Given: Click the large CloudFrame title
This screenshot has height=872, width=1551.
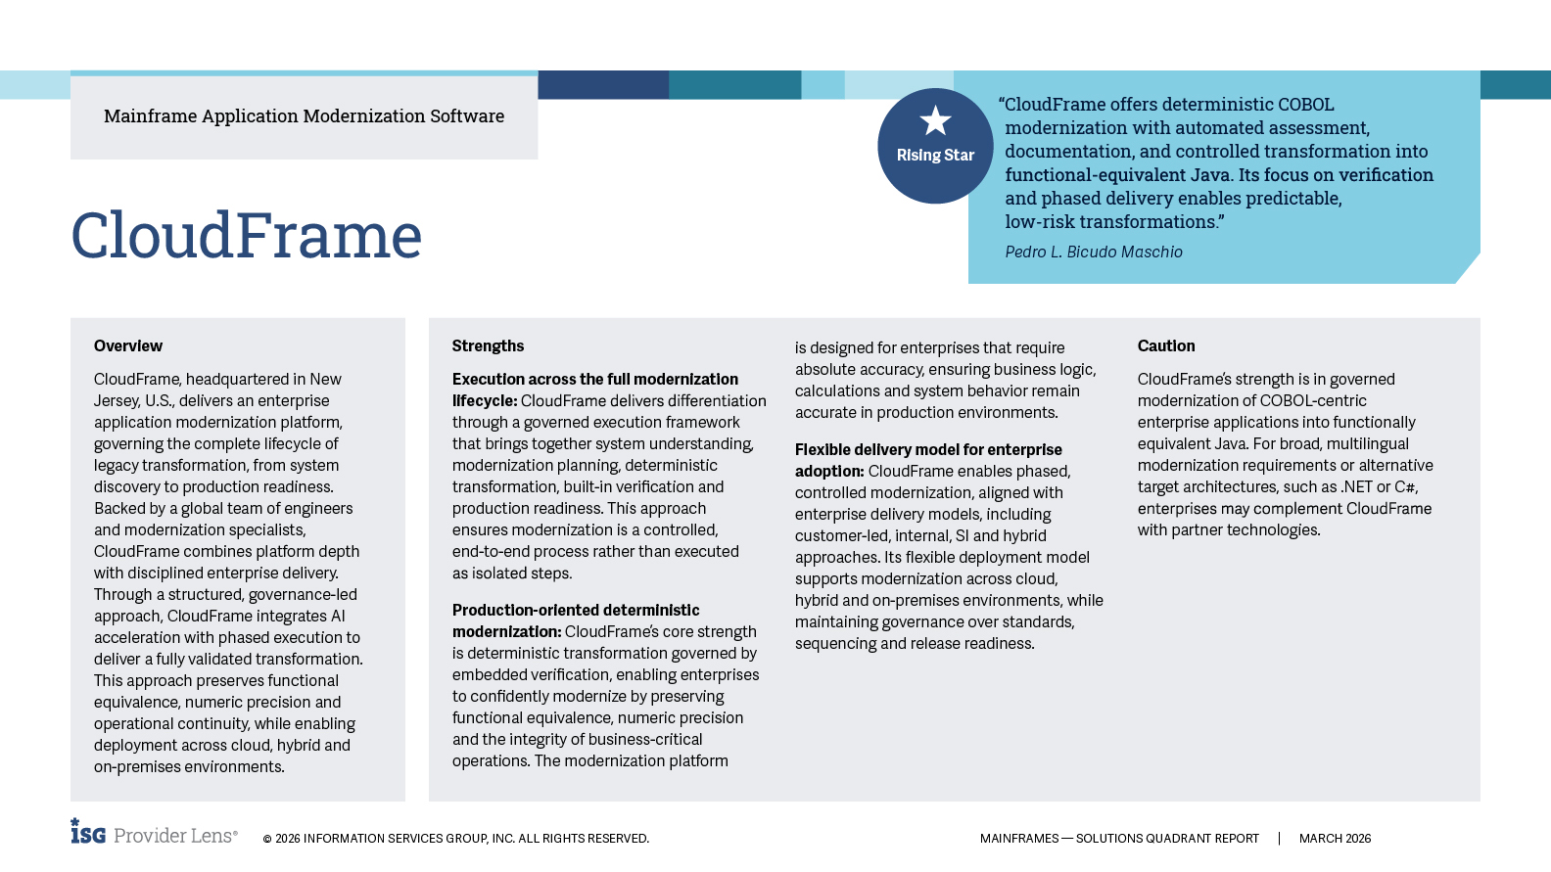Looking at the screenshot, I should click(x=246, y=236).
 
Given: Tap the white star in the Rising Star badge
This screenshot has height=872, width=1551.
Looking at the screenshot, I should click(x=935, y=121).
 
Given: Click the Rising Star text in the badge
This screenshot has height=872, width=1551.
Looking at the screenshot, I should click(x=935, y=156).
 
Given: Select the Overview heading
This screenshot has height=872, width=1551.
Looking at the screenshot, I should click(x=128, y=346).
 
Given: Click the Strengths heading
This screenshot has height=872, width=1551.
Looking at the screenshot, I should click(x=488, y=346).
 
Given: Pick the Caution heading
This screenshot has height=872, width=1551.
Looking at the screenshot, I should click(x=1165, y=346).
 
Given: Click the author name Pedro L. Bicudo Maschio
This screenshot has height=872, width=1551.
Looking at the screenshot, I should click(x=1093, y=252).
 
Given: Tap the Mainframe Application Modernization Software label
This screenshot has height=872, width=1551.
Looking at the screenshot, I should click(x=304, y=116).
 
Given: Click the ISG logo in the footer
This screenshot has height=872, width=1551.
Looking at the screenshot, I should click(x=88, y=832).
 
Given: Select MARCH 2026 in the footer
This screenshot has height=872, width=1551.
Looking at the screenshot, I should click(x=1335, y=839).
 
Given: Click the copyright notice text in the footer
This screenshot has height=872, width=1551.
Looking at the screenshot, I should click(x=455, y=839).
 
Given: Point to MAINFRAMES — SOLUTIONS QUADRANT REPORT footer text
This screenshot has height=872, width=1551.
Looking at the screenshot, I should click(x=1119, y=839).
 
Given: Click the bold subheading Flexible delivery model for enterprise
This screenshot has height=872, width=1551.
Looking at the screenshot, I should click(x=927, y=450).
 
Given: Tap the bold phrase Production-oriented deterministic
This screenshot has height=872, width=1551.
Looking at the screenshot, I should click(x=576, y=611).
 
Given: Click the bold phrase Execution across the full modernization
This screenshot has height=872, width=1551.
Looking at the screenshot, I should click(x=594, y=380).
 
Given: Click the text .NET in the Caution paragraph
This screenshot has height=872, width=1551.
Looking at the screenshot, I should click(x=1356, y=487).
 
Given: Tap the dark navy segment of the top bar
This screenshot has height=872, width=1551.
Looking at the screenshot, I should click(x=603, y=85).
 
